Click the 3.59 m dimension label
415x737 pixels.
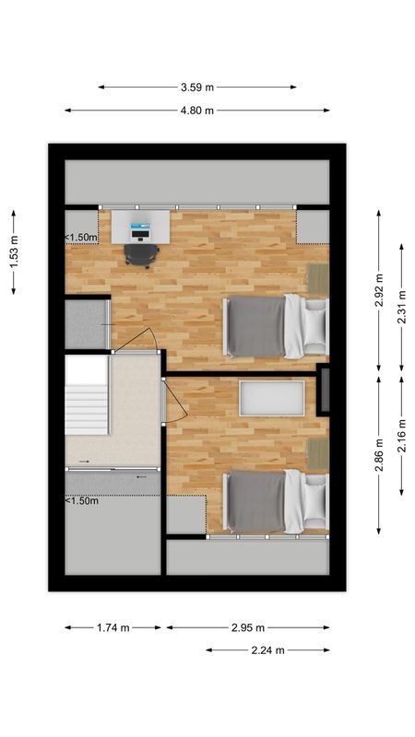pos(196,88)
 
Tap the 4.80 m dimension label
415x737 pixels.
pos(196,111)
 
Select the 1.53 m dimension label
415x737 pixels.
pos(14,252)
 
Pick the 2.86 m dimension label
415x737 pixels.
pos(379,454)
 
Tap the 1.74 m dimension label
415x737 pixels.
pos(113,627)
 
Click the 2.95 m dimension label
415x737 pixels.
pos(247,627)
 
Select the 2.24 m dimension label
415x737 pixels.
pos(267,650)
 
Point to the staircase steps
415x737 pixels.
pos(87,396)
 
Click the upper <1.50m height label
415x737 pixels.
pos(81,237)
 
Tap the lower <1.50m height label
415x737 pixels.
pos(81,501)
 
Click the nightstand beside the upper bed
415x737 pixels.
pos(318,276)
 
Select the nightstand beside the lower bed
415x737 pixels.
pos(318,452)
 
